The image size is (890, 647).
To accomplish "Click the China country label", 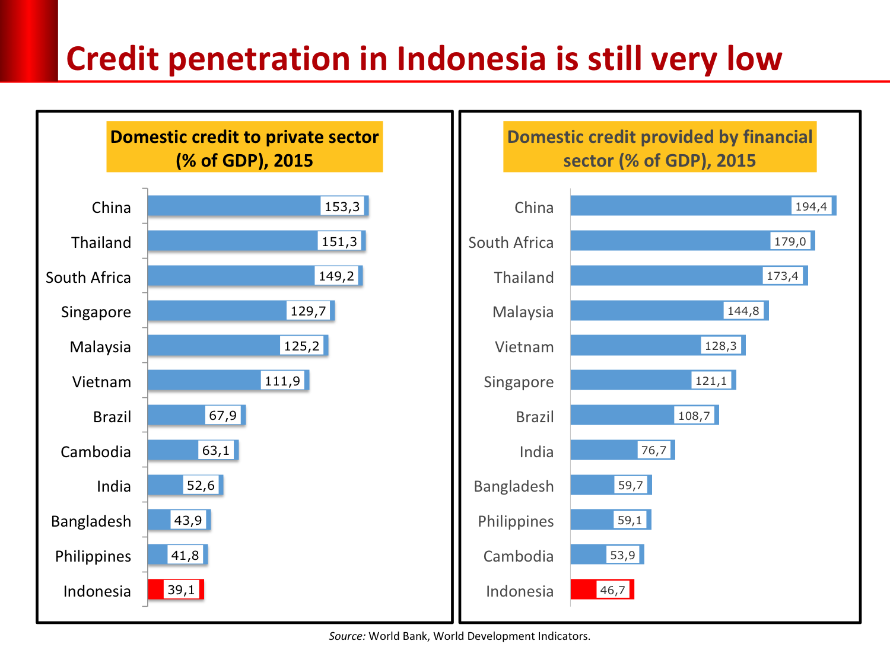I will point(533,208).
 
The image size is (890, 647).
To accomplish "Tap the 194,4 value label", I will point(810,206).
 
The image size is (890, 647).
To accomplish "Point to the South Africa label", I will point(510,243).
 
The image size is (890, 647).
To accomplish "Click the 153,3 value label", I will point(342,206).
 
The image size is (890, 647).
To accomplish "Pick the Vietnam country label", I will point(524,347).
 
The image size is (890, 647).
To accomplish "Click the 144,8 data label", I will point(743,311).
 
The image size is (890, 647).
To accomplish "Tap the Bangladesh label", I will point(513,486).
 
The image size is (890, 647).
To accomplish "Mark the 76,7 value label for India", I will point(653,450).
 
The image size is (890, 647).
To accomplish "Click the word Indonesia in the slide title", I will point(471,59).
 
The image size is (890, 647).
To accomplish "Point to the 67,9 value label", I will point(223,415).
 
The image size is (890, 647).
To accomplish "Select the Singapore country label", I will point(518,382).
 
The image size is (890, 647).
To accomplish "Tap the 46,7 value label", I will point(612,590).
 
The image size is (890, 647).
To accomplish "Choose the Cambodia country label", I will point(518,556).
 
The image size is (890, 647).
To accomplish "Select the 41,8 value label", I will point(185,555).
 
